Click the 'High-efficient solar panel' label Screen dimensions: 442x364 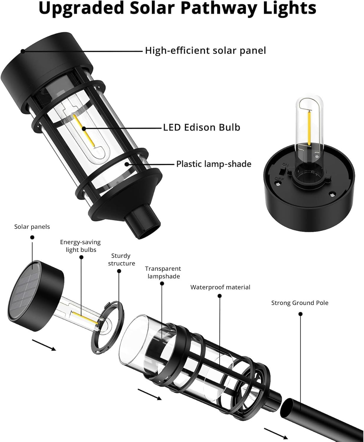(x=205, y=51)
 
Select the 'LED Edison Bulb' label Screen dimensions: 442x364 (x=202, y=127)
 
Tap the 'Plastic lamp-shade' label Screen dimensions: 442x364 (x=214, y=164)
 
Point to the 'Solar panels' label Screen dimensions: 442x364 (x=32, y=227)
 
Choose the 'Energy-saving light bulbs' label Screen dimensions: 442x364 (x=80, y=246)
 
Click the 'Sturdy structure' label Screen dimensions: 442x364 (x=121, y=260)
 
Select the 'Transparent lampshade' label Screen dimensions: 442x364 (x=163, y=273)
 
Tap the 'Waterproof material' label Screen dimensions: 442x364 (x=220, y=287)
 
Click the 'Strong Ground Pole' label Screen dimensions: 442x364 (x=300, y=303)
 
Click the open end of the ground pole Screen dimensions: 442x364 (x=287, y=408)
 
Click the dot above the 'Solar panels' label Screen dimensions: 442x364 (x=32, y=237)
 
